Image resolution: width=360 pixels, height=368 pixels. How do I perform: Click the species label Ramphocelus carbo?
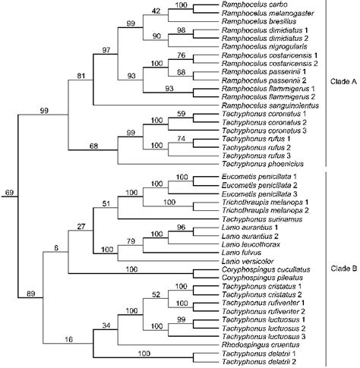tap(249, 5)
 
